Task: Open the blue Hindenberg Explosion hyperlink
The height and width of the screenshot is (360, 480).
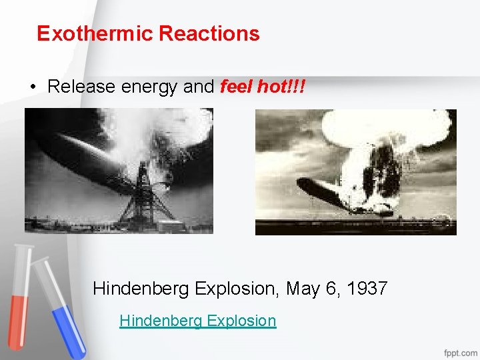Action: click(197, 321)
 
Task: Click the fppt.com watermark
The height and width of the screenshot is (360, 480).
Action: click(459, 351)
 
